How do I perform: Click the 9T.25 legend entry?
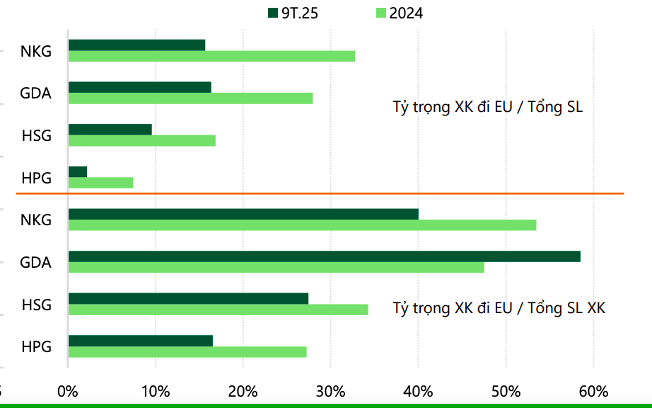point(293,13)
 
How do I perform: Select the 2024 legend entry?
point(400,13)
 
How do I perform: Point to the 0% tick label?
point(68,391)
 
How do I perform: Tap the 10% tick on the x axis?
point(155,391)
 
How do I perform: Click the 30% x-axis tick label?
point(330,391)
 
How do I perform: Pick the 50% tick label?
point(506,391)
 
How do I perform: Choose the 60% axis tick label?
point(593,391)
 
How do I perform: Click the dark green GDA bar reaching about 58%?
point(324,256)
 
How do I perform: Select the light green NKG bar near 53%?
point(302,225)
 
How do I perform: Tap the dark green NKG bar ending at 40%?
point(243,214)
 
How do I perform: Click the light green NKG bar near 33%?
point(211,57)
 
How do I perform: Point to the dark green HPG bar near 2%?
point(78,171)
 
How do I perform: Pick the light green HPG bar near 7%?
point(100,183)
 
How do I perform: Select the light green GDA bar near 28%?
point(190,98)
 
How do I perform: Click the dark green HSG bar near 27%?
point(188,298)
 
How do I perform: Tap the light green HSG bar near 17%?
point(141,140)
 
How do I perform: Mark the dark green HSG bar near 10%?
point(110,130)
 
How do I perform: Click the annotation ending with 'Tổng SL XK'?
point(499,308)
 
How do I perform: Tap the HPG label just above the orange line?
point(37,178)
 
